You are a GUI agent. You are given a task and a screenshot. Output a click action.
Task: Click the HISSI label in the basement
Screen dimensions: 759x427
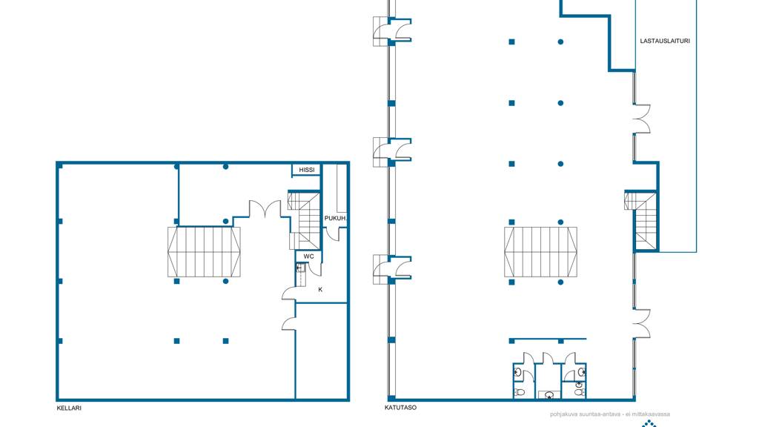click(306, 170)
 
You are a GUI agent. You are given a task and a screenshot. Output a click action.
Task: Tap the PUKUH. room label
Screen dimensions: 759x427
click(336, 219)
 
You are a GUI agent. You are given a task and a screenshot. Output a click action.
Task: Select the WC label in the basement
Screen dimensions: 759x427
click(308, 256)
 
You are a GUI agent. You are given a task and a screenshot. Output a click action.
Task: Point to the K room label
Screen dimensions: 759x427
click(320, 290)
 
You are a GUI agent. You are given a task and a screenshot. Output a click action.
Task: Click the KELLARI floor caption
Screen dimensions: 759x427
click(69, 408)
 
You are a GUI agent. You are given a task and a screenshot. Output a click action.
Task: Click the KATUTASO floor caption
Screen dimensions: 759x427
click(400, 408)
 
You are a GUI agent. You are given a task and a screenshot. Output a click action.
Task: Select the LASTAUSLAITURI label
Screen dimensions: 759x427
click(665, 42)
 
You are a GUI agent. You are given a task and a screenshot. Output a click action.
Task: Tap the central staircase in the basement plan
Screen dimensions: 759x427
click(204, 252)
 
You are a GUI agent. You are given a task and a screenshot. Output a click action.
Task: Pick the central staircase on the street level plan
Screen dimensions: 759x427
click(540, 252)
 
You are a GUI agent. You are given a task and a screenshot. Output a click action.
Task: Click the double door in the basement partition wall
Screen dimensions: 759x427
click(265, 208)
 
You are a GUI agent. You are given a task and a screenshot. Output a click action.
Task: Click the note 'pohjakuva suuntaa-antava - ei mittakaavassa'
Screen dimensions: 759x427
click(609, 414)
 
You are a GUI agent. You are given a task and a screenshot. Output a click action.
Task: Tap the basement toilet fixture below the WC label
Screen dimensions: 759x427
click(300, 268)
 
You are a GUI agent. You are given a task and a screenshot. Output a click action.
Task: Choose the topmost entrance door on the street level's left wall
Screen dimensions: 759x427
click(392, 31)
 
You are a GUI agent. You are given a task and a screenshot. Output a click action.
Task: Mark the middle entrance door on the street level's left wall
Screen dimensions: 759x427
click(392, 152)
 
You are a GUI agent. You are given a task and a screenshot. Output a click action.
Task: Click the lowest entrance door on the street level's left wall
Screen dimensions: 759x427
click(392, 269)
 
